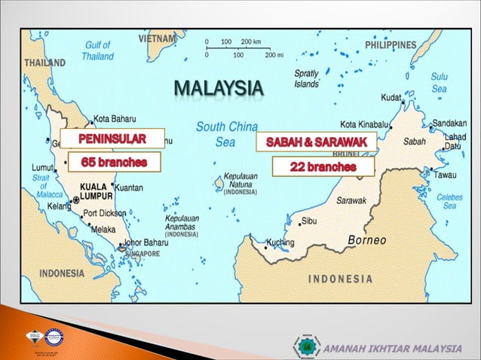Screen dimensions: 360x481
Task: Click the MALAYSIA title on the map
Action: coord(219,90)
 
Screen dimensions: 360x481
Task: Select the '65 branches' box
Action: coord(114,162)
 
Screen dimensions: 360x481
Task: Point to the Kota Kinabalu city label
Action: coord(364,124)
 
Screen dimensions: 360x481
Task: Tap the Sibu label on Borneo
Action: coord(309,221)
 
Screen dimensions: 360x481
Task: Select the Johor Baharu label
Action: coord(148,243)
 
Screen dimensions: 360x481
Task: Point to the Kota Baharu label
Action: coord(115,118)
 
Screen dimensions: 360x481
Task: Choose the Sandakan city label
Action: coord(449,123)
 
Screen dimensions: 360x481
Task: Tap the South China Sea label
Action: coord(225,133)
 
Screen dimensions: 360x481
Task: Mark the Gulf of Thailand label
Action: coord(98,50)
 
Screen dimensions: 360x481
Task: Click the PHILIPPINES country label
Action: coord(390,45)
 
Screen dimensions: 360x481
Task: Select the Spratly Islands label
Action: coord(306,79)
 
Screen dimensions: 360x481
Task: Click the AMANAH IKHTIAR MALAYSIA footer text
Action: coord(392,348)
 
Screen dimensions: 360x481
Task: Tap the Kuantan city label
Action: coord(129,188)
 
